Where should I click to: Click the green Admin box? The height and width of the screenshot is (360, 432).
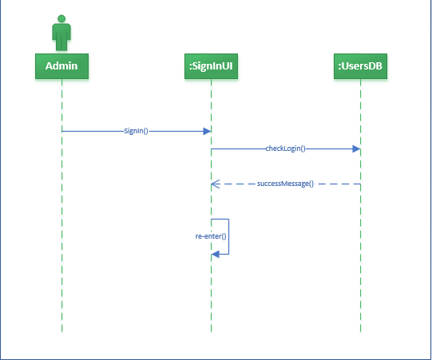[61, 65]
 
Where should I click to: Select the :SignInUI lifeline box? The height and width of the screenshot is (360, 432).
[211, 65]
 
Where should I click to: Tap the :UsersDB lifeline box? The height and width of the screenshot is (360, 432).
[361, 65]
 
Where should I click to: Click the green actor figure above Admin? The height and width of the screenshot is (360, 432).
[61, 32]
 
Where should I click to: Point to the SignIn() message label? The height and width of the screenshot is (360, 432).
[137, 131]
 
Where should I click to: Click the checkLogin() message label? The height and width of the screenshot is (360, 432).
[286, 148]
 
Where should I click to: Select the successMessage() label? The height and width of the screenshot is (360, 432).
[285, 184]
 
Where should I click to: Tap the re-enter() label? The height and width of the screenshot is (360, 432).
[211, 236]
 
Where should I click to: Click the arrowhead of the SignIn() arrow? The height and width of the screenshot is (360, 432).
[208, 131]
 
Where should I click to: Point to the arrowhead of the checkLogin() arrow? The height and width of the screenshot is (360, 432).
[357, 148]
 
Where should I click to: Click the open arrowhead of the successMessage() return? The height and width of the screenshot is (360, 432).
[214, 184]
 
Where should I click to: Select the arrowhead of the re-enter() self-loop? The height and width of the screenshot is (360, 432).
[215, 254]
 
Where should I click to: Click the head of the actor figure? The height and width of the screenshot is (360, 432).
[61, 18]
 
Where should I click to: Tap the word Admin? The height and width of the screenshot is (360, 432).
[61, 65]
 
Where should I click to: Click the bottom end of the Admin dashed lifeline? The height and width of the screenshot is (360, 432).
[61, 330]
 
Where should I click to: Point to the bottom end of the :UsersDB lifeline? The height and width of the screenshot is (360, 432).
[361, 330]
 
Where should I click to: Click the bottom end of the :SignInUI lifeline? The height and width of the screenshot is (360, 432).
[211, 330]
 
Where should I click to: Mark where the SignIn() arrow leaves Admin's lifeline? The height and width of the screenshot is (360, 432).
[62, 131]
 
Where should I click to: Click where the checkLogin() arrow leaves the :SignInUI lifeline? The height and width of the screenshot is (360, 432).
[212, 148]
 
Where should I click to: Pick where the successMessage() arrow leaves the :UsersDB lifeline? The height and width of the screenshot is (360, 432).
[360, 184]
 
